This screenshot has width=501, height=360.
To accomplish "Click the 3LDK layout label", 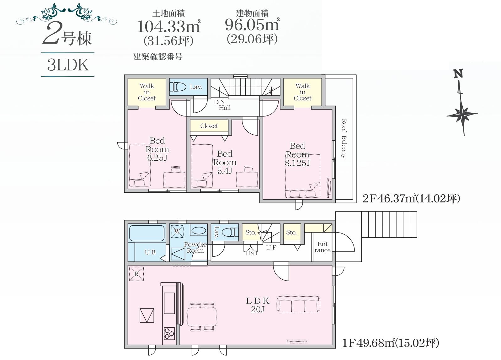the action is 68,65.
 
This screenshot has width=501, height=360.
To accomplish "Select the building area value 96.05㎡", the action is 252,24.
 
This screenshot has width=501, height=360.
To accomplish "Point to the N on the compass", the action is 458,74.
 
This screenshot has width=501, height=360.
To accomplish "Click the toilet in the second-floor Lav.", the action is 178,87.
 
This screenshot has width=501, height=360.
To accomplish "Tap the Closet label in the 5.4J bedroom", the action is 209,126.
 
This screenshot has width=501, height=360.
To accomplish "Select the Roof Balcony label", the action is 344,139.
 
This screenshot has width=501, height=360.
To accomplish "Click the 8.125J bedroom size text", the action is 297,163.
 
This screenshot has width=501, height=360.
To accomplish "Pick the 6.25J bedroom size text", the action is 157,158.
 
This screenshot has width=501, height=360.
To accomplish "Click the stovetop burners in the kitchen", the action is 169,334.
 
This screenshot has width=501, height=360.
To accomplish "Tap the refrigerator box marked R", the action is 136,274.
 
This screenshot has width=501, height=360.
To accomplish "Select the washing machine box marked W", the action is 177,231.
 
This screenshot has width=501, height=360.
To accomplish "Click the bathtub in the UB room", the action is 147,233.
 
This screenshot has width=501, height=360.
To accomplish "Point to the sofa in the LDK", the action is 298,304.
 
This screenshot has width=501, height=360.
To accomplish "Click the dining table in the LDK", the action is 202,317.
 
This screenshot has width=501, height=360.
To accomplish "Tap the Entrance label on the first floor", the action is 322,247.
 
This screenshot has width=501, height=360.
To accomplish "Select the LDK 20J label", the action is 258,305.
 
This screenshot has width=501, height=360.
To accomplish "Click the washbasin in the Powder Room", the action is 199,231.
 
